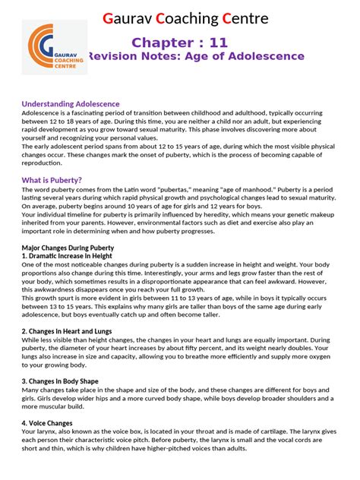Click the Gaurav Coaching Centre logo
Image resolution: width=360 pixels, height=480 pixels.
tap(53, 47)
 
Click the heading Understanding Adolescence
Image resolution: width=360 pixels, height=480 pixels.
tap(70, 103)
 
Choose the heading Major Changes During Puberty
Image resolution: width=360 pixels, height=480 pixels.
tap(68, 248)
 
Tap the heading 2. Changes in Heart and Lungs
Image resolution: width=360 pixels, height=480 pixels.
tap(67, 331)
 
